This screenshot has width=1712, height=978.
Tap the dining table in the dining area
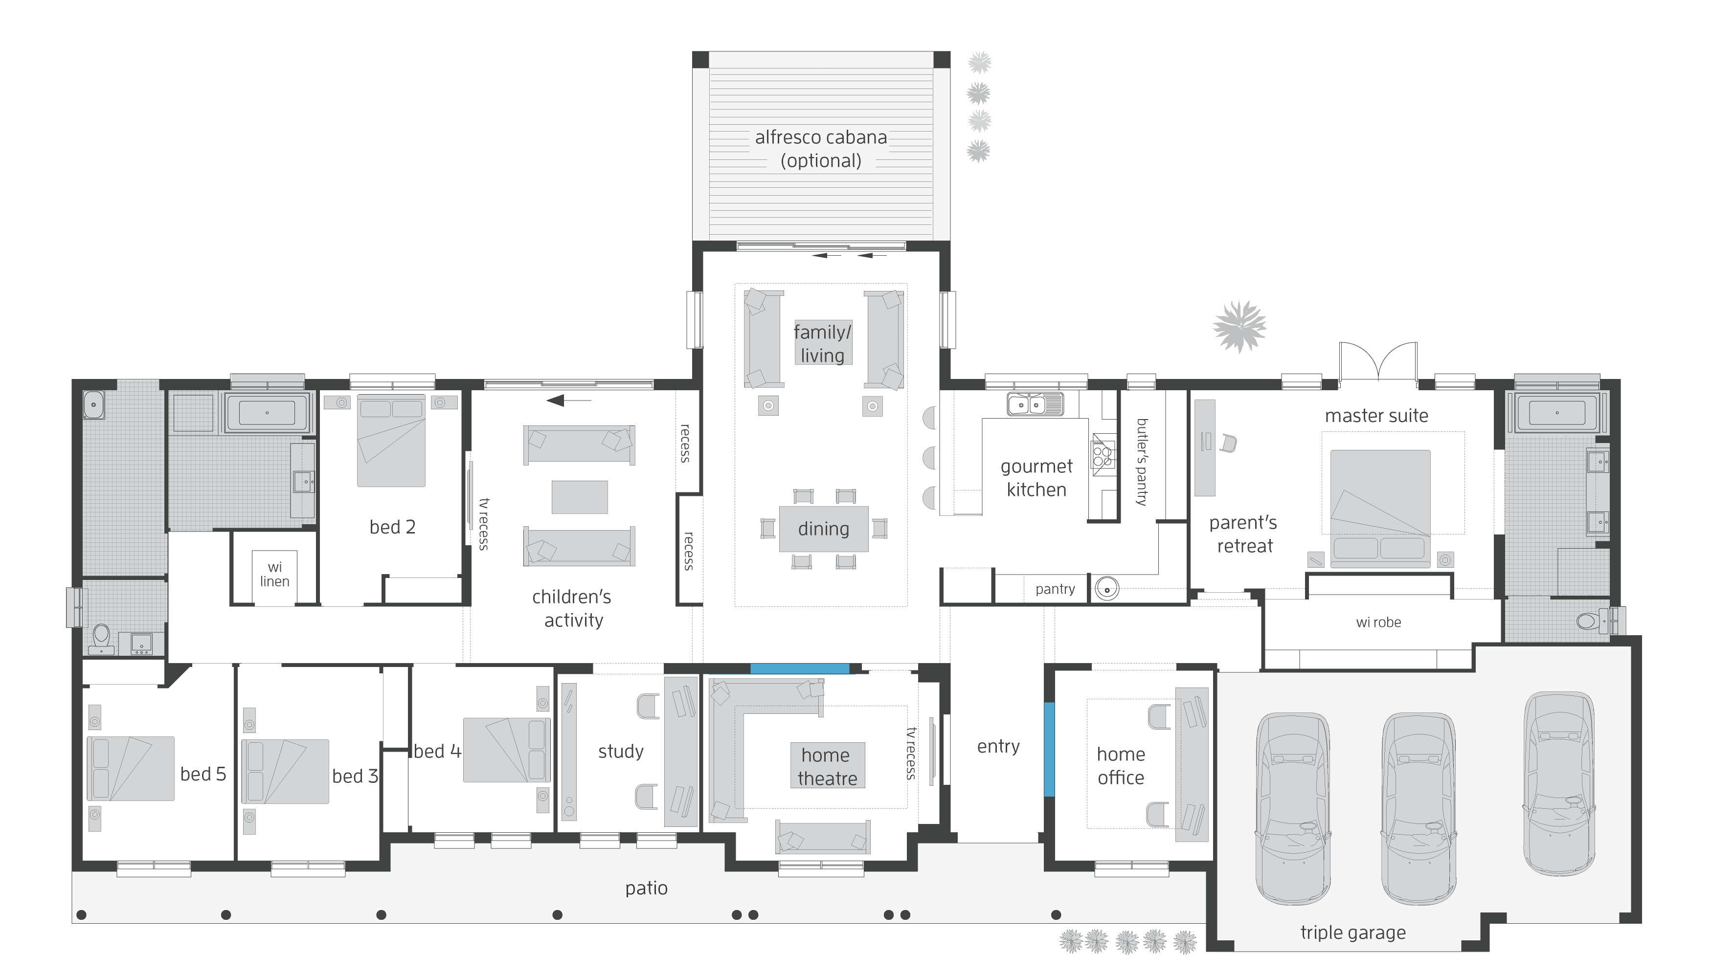823,529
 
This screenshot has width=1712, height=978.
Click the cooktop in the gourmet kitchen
1102,454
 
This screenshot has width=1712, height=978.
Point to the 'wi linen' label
275,574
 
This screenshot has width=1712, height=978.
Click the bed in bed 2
391,440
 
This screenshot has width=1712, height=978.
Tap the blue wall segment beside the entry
1049,749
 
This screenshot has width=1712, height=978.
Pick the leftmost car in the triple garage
1293,806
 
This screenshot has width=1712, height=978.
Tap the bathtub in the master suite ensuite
1557,412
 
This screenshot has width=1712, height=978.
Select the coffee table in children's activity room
579,497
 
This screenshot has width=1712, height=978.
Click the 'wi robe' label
1378,622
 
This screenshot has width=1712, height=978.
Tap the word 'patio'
646,888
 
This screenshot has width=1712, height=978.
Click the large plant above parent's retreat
1239,327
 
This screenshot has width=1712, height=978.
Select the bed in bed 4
506,750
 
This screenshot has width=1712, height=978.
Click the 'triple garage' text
1352,933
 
